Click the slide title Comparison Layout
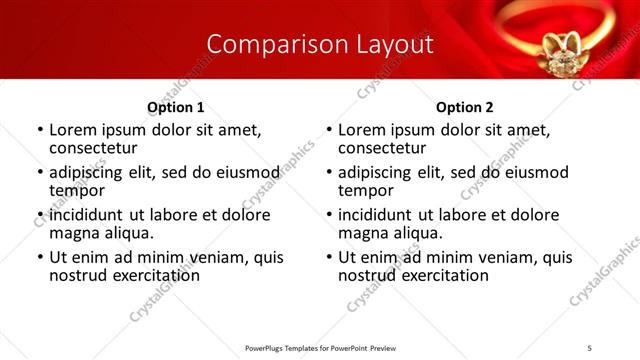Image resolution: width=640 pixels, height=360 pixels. pyautogui.click(x=319, y=44)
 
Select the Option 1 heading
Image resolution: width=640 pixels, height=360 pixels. pyautogui.click(x=176, y=107)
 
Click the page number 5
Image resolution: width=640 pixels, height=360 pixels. pyautogui.click(x=589, y=348)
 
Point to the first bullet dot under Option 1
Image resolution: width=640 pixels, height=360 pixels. pyautogui.click(x=40, y=131)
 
